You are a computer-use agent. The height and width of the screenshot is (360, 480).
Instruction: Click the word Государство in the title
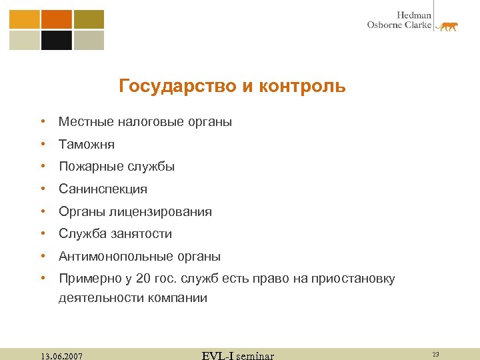point(170,86)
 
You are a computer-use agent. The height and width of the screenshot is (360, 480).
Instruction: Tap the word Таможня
point(87,144)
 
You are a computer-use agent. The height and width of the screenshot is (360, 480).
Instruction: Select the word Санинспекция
point(103,189)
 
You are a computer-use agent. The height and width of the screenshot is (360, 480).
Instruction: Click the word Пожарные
point(90,167)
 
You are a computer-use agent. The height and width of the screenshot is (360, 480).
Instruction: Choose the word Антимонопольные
point(116,257)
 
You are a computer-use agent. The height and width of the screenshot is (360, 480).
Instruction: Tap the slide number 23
point(435,355)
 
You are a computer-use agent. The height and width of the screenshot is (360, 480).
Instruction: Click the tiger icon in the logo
point(447,27)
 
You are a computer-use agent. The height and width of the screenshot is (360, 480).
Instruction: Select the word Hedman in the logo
point(414,15)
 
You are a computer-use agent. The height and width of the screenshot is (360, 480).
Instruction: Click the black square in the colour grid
point(56,41)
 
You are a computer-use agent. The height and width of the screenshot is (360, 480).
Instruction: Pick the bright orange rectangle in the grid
point(56,19)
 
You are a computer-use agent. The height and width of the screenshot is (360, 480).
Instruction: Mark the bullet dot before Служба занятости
point(42,234)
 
